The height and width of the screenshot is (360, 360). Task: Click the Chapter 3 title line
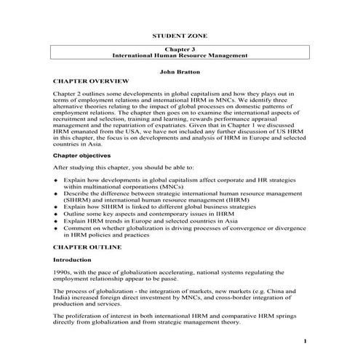point(180,48)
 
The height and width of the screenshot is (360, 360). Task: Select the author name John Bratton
point(180,71)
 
